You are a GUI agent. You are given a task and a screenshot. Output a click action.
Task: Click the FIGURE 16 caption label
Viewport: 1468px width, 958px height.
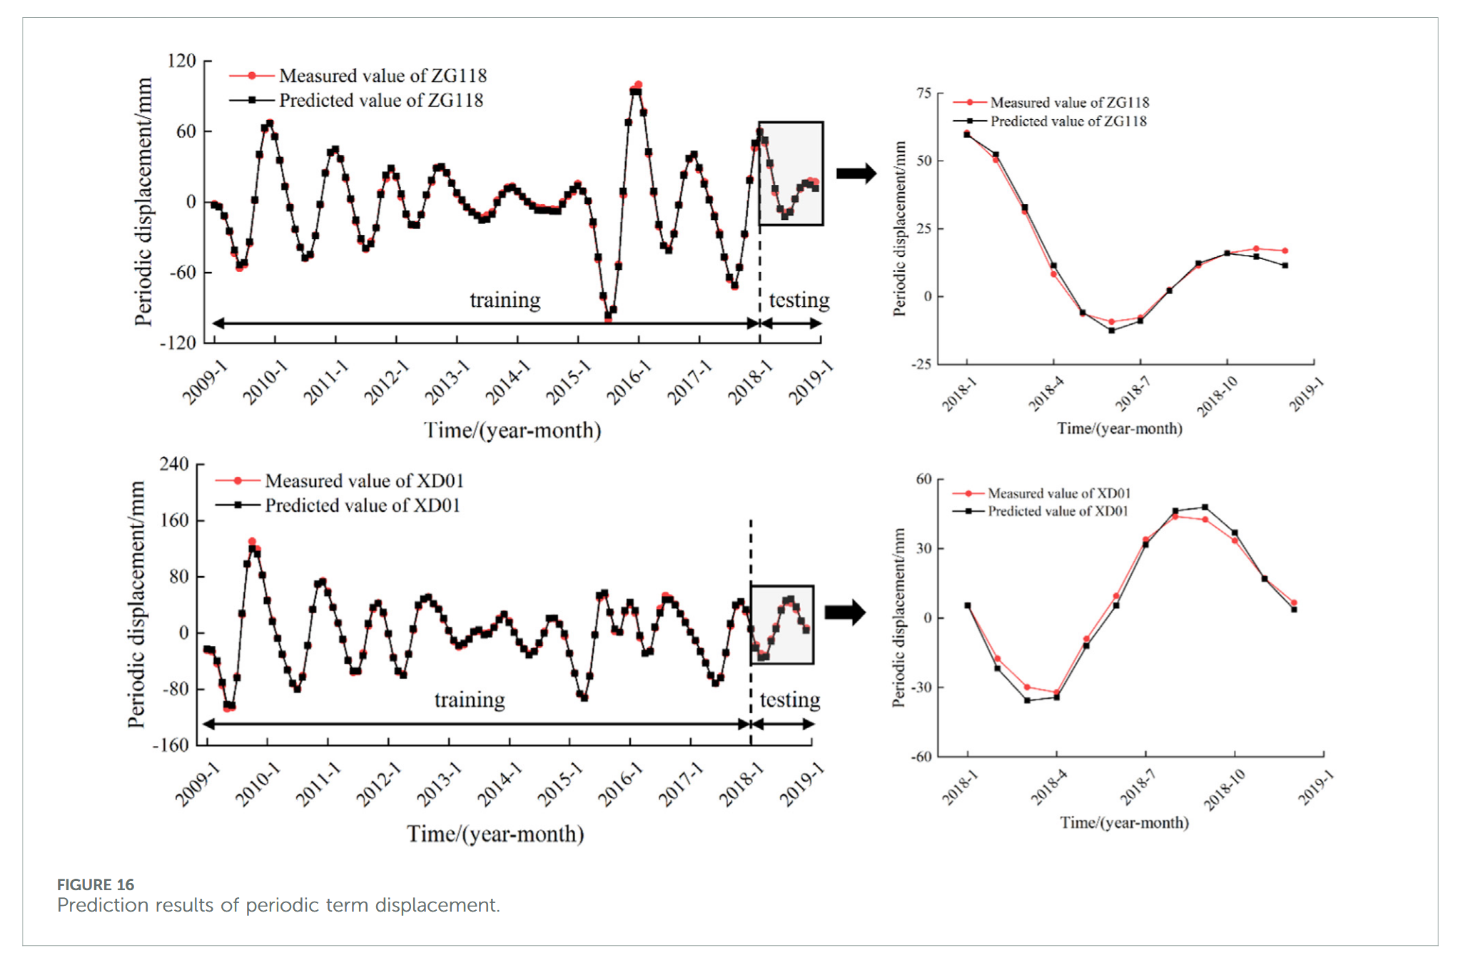(96, 884)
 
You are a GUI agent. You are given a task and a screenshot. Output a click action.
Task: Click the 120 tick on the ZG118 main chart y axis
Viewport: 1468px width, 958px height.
(181, 61)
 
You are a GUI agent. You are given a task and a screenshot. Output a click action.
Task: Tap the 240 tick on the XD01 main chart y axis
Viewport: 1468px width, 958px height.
(174, 464)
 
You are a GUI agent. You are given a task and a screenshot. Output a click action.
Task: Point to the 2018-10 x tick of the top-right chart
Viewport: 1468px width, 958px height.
(1218, 395)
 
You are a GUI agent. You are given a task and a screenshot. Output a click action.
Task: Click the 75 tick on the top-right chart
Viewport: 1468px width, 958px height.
(924, 94)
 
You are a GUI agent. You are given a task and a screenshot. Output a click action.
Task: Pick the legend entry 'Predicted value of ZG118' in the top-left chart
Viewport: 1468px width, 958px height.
(380, 101)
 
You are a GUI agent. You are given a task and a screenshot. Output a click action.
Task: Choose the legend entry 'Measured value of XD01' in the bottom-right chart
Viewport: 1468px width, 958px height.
(1058, 493)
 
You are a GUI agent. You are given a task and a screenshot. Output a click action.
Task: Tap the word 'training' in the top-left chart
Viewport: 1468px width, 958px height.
(505, 300)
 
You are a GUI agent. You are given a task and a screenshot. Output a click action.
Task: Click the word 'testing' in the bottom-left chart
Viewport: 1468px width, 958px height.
(789, 700)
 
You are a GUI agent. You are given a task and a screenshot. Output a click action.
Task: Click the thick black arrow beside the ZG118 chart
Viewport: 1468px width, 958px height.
(856, 173)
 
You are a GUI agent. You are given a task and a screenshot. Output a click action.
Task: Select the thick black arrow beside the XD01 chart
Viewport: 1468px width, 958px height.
(845, 612)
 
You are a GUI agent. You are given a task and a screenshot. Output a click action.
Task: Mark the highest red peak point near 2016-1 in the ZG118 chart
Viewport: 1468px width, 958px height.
(638, 85)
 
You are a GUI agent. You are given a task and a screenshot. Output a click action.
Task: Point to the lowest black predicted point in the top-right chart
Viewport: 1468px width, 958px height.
(1111, 331)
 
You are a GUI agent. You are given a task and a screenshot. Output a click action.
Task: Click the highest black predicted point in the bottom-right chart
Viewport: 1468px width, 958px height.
(1205, 508)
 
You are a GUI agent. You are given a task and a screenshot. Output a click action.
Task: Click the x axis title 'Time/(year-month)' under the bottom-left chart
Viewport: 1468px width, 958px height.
(495, 834)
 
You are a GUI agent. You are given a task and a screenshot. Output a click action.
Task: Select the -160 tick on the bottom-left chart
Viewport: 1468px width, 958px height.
(171, 745)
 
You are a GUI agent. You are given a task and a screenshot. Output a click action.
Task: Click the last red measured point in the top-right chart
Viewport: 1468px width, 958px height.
(1285, 251)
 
